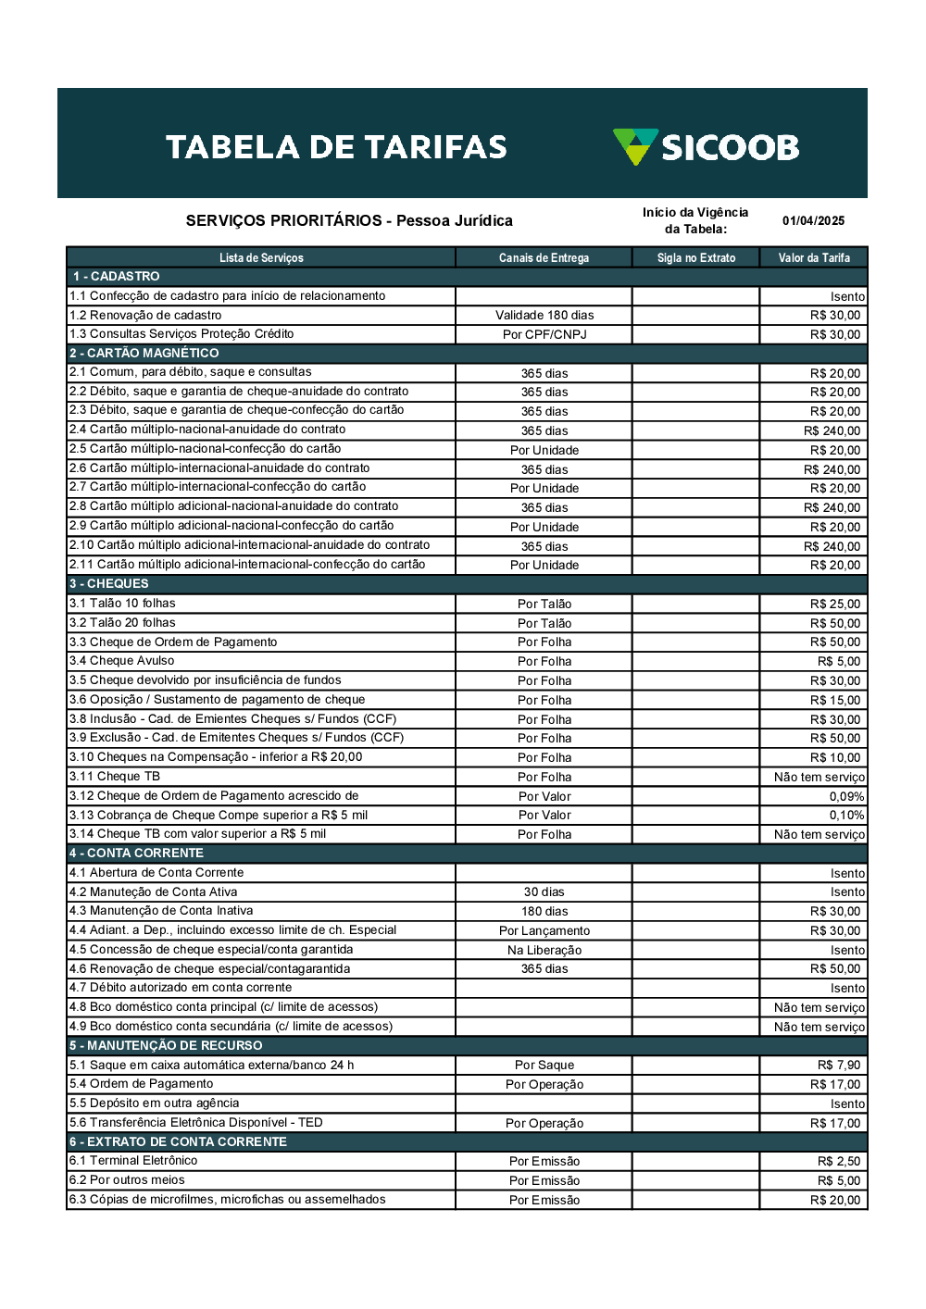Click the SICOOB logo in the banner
(x=706, y=147)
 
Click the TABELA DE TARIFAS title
(x=336, y=147)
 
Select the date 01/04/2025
(x=813, y=221)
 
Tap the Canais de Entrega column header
(x=544, y=258)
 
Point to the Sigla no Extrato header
(x=696, y=258)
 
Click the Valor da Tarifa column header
(x=814, y=258)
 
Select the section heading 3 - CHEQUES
(x=109, y=584)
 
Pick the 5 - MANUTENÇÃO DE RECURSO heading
(x=166, y=1046)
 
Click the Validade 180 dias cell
(x=544, y=316)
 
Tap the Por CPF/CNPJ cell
(x=544, y=335)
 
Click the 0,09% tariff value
(x=846, y=797)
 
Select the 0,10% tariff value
(x=846, y=816)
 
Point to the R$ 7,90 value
(x=839, y=1066)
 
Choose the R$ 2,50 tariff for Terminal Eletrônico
(x=839, y=1162)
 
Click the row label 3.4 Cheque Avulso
(x=122, y=661)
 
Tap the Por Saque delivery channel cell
(x=544, y=1066)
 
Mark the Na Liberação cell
(x=544, y=951)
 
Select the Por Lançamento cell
(x=544, y=931)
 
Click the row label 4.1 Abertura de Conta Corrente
(x=156, y=873)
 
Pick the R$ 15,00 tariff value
(x=835, y=701)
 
